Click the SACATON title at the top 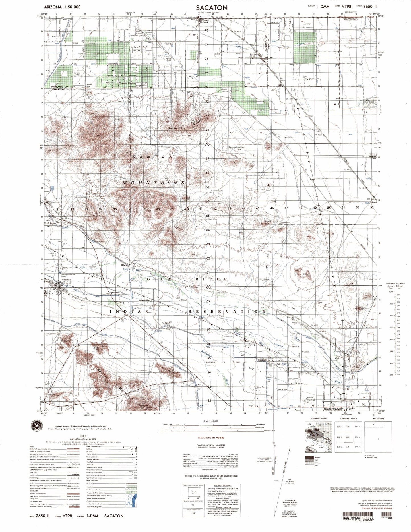[211, 7]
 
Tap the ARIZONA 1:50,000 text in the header [62, 7]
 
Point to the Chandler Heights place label [121, 84]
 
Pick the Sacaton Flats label [146, 300]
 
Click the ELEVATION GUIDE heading [319, 419]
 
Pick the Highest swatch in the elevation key [308, 458]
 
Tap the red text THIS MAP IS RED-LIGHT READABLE [377, 508]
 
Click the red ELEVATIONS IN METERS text [211, 438]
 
